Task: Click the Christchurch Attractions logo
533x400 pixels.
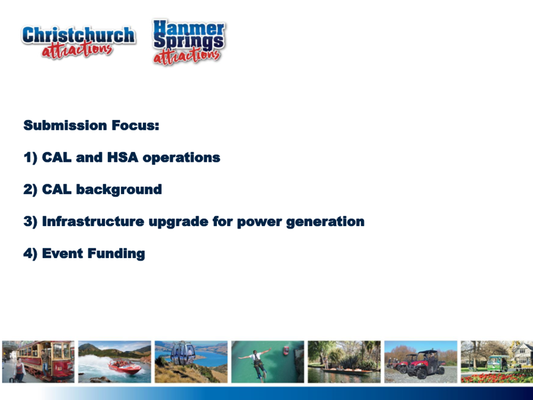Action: [x=79, y=42]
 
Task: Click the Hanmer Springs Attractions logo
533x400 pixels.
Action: [x=189, y=42]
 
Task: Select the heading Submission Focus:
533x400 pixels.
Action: [x=91, y=125]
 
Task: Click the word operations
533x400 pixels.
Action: [x=182, y=158]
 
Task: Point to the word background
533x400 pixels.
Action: [x=119, y=190]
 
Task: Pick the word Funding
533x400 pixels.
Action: [x=116, y=254]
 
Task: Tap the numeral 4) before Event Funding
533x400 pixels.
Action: [x=30, y=254]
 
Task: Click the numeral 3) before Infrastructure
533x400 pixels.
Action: [x=30, y=222]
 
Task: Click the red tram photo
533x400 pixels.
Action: [x=38, y=362]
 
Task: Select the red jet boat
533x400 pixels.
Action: [x=124, y=367]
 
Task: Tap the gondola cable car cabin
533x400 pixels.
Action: [x=183, y=354]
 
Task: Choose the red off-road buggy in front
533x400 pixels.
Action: [x=426, y=365]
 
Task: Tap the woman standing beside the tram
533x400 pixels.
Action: [x=19, y=370]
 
